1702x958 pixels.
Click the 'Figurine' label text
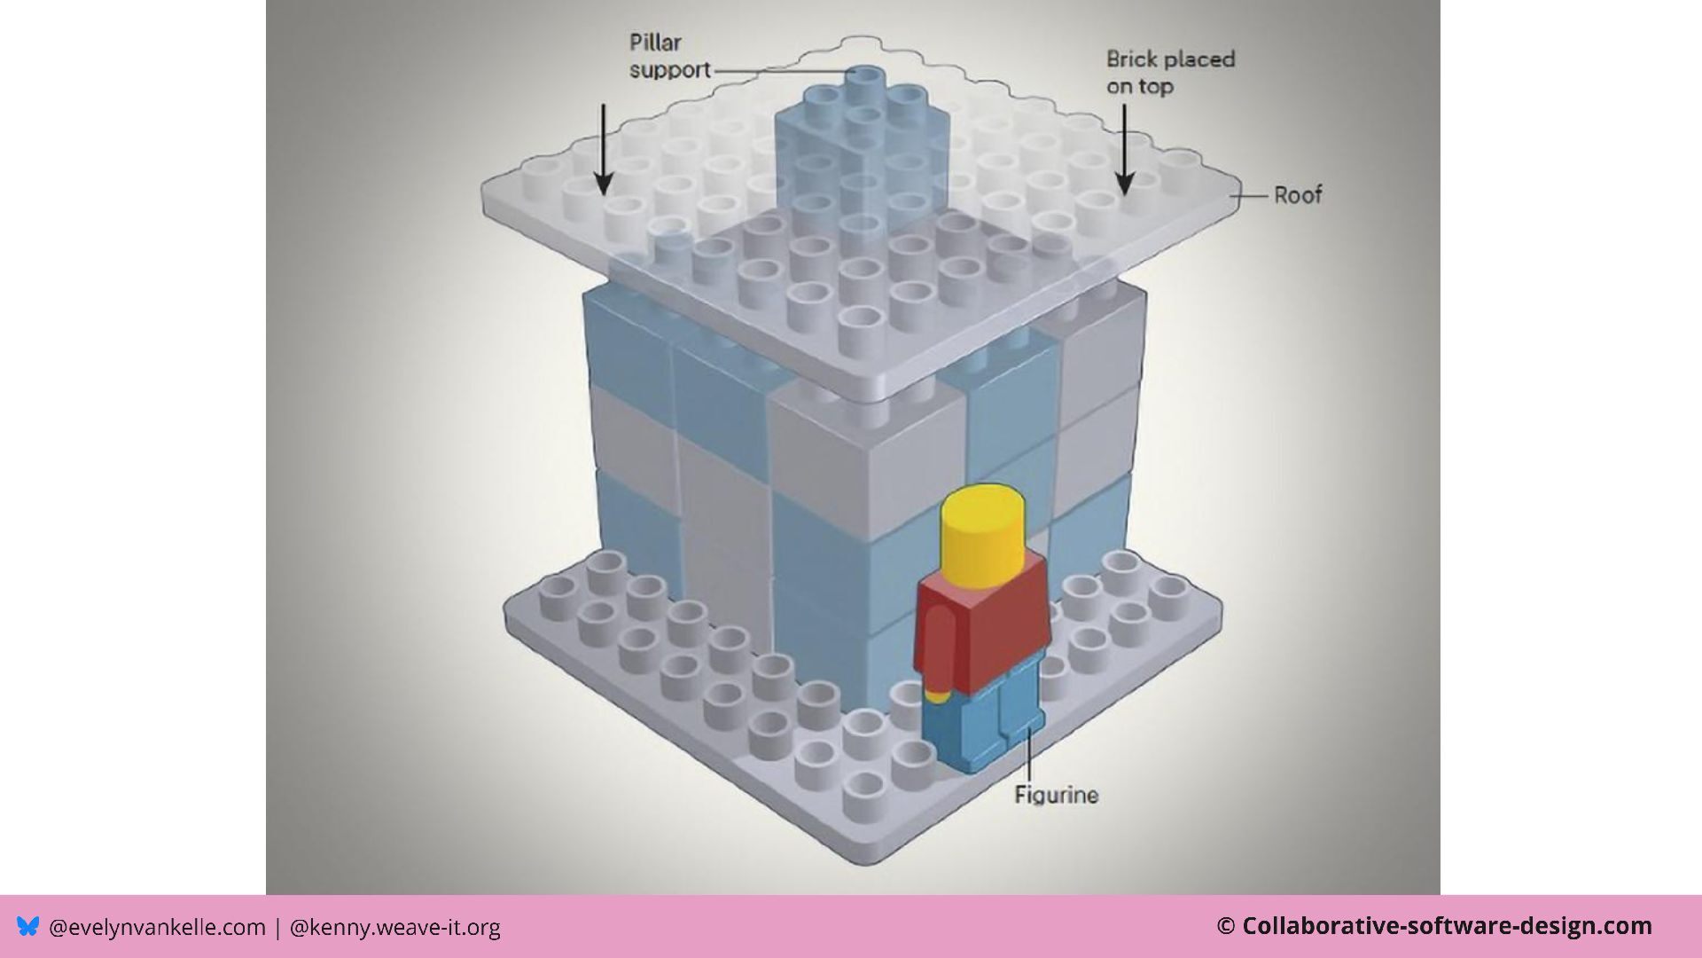[x=1056, y=795]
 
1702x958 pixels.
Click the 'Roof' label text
[x=1297, y=195]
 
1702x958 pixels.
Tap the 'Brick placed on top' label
[x=1169, y=73]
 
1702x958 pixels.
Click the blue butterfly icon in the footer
[x=28, y=927]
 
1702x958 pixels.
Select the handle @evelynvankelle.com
[x=157, y=928]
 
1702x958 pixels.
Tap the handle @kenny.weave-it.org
[x=394, y=928]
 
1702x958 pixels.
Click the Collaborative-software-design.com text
[x=1447, y=926]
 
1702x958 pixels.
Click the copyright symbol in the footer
[x=1225, y=927]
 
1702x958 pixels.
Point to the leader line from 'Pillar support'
[x=780, y=71]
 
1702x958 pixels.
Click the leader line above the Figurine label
[x=1028, y=754]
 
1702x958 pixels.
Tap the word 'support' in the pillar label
[x=670, y=70]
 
